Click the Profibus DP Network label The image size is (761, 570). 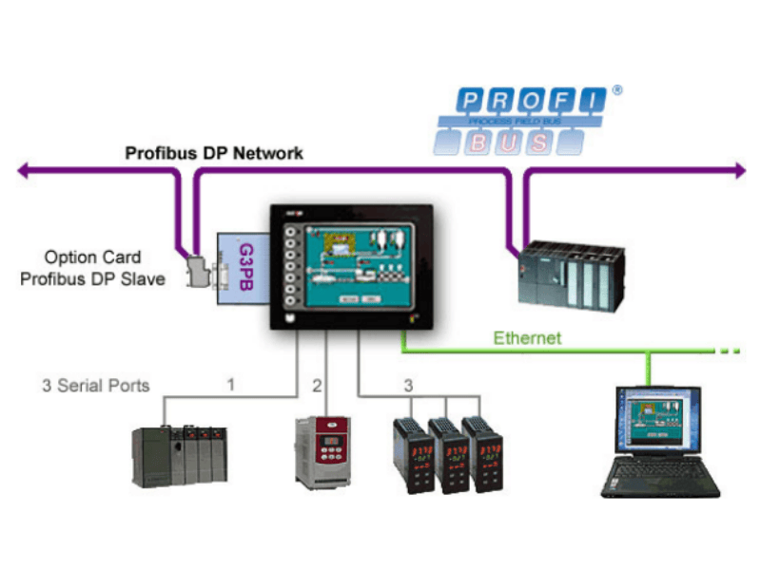click(215, 152)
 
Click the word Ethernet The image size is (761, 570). click(526, 338)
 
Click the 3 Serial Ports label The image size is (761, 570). click(95, 387)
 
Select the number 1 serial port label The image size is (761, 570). click(229, 385)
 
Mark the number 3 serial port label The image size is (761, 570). click(408, 385)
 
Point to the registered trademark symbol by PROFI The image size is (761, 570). click(617, 90)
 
